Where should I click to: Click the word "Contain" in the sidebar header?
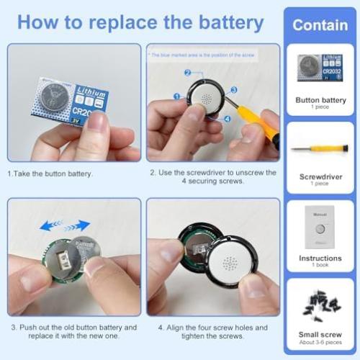[320, 25]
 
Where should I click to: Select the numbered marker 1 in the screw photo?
[176, 96]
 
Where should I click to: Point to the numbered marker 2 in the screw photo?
[187, 73]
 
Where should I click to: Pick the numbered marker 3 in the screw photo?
[234, 91]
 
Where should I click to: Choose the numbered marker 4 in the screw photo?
[228, 119]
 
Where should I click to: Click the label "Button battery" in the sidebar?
[320, 100]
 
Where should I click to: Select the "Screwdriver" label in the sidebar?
[320, 176]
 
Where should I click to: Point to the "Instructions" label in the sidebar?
[320, 258]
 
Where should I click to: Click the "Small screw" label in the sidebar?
[320, 334]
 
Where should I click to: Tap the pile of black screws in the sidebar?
[320, 306]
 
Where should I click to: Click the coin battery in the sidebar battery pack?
[309, 68]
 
